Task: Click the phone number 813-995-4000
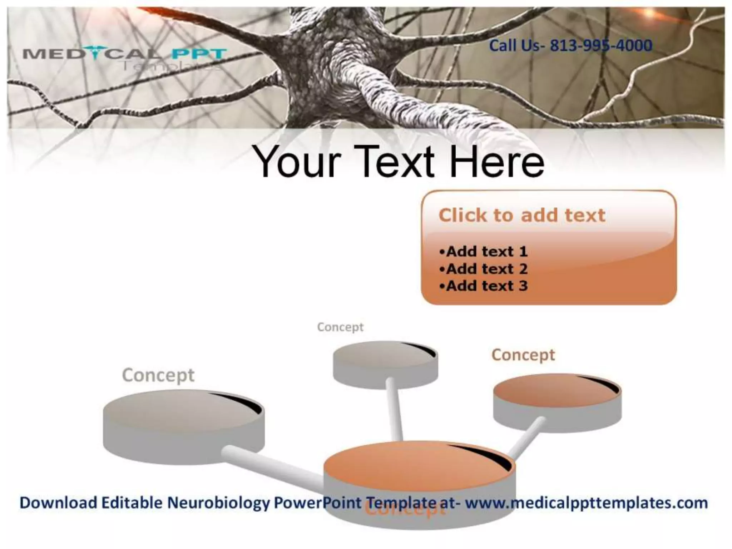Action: [x=601, y=46]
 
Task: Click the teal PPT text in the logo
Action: [x=199, y=54]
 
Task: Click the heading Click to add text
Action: [x=521, y=215]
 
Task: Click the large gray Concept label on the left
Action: [x=158, y=375]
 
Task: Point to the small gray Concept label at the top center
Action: [x=340, y=327]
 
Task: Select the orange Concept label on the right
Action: [x=523, y=355]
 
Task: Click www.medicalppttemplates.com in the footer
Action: [x=586, y=503]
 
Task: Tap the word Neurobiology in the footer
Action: [x=218, y=503]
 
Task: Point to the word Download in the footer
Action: [x=58, y=503]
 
